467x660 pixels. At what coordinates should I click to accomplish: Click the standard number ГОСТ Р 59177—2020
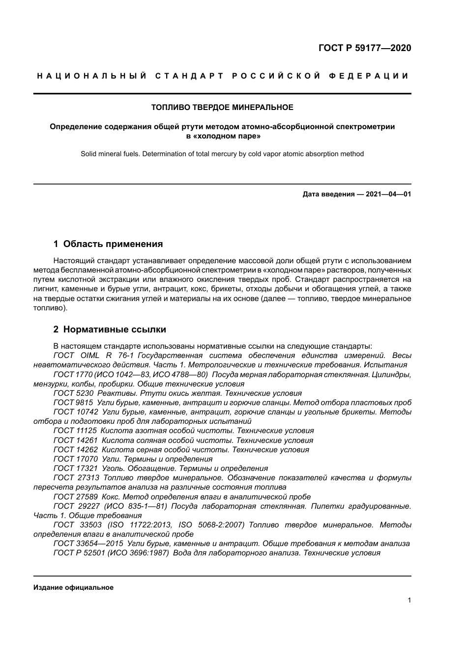pyautogui.click(x=365, y=48)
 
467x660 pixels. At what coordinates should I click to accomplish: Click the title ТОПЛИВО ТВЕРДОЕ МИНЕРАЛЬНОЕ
pyautogui.click(x=222, y=107)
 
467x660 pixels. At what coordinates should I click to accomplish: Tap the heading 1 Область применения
pyautogui.click(x=108, y=244)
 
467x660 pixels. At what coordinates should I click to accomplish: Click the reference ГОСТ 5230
pyautogui.click(x=73, y=393)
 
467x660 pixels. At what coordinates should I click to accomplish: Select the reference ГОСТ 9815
pyautogui.click(x=73, y=403)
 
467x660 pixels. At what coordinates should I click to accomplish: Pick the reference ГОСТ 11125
pyautogui.click(x=75, y=431)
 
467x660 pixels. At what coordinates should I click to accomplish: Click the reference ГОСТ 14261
pyautogui.click(x=75, y=440)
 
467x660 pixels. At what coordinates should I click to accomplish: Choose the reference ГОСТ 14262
pyautogui.click(x=75, y=450)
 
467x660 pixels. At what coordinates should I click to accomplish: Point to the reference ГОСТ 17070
pyautogui.click(x=75, y=459)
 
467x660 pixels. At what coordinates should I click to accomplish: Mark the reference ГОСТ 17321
pyautogui.click(x=75, y=468)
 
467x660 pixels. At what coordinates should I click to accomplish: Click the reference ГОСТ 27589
pyautogui.click(x=75, y=497)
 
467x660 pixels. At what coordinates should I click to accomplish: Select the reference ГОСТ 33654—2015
pyautogui.click(x=88, y=544)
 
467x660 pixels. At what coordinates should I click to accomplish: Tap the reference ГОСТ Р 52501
pyautogui.click(x=79, y=553)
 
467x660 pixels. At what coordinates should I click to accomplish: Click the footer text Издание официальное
pyautogui.click(x=73, y=587)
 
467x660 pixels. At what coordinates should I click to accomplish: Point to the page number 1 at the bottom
pyautogui.click(x=409, y=600)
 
